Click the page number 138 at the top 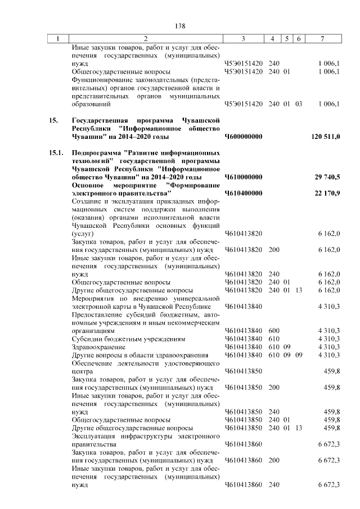[x=180, y=26]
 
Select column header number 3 [x=242, y=38]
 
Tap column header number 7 [x=322, y=38]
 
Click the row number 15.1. [x=57, y=152]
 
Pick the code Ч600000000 [x=244, y=136]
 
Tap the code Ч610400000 [x=244, y=193]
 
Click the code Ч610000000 [x=244, y=177]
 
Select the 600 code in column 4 [x=274, y=331]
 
